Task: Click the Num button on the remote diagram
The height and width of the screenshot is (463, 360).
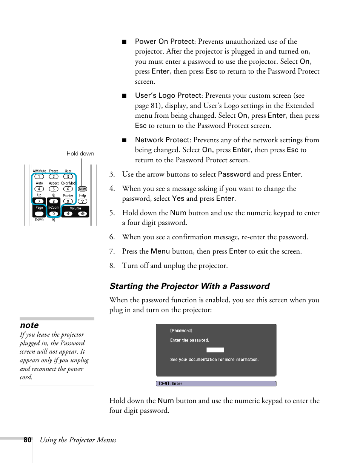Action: tap(82, 189)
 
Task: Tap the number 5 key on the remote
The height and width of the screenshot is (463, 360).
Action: tap(54, 189)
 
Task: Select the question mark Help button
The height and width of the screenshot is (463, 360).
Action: tap(82, 202)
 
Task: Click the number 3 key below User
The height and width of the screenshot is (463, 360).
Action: tap(68, 177)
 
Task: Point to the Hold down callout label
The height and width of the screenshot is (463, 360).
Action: tap(80, 154)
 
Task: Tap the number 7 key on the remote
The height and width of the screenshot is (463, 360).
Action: tap(39, 202)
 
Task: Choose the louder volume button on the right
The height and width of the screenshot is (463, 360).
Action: tap(82, 214)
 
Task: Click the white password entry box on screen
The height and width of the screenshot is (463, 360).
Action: tap(215, 350)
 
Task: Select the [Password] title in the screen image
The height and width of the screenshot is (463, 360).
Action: tap(181, 331)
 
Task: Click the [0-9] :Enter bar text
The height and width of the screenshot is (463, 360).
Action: tap(171, 384)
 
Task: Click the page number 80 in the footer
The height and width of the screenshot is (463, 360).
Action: tap(27, 440)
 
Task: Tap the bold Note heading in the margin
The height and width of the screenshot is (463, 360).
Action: tap(29, 325)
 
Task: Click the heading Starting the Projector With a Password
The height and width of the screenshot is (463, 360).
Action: tap(189, 286)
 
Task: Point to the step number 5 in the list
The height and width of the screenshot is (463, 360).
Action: tap(112, 213)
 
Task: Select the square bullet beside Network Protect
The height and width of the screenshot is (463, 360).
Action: tap(124, 140)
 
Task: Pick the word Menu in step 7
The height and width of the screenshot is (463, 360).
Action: tap(160, 251)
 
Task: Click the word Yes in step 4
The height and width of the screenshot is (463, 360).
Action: tap(178, 198)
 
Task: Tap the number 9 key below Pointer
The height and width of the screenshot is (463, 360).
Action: tap(68, 202)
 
